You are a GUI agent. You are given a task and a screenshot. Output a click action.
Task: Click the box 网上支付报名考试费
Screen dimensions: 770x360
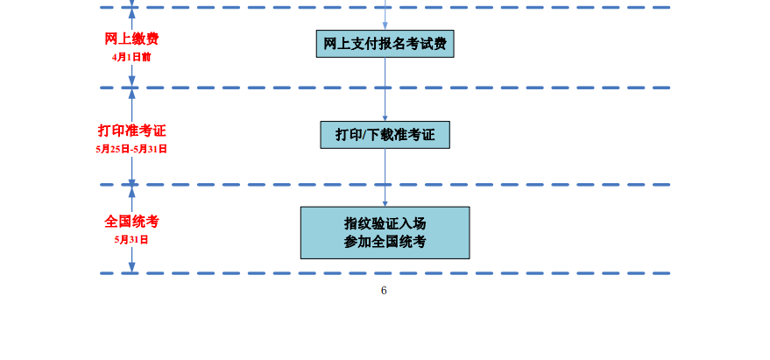point(385,44)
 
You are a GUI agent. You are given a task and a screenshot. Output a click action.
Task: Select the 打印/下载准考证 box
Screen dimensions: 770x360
point(385,135)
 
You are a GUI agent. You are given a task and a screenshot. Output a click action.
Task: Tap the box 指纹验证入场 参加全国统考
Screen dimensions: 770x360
point(385,233)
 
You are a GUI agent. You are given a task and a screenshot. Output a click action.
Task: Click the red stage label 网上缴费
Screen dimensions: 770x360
point(131,39)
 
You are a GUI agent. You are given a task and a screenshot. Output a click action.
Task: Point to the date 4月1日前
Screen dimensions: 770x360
point(131,57)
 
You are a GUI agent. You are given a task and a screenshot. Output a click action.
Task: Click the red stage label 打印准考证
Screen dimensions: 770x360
point(131,131)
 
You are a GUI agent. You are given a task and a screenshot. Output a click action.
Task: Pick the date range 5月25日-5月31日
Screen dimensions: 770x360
point(131,149)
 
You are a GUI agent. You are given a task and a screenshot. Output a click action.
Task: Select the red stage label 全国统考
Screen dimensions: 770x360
point(131,222)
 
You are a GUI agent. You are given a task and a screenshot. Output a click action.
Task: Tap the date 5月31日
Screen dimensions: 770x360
point(131,240)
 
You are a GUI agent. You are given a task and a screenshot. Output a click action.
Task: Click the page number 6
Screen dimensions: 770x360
point(384,290)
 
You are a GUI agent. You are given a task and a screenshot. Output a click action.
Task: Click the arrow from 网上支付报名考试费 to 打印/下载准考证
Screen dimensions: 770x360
point(385,88)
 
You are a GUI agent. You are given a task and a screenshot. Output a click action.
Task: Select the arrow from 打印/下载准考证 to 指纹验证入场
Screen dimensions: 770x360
point(385,177)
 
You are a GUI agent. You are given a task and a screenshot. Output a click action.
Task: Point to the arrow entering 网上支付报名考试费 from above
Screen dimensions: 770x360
point(385,15)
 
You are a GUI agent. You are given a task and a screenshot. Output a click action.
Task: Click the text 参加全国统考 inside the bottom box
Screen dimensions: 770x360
point(385,242)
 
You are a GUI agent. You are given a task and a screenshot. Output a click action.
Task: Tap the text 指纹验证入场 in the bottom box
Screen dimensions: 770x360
point(385,223)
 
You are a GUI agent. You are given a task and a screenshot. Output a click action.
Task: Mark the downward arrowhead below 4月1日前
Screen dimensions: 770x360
point(131,81)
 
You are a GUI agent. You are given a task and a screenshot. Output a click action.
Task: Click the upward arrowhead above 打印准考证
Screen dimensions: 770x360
point(131,95)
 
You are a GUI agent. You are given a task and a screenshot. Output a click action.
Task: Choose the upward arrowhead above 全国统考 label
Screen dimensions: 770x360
point(131,192)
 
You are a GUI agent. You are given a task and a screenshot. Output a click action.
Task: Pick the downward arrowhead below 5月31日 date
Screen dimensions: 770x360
point(131,266)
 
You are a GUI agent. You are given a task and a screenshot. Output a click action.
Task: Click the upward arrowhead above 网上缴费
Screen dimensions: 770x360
point(131,14)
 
